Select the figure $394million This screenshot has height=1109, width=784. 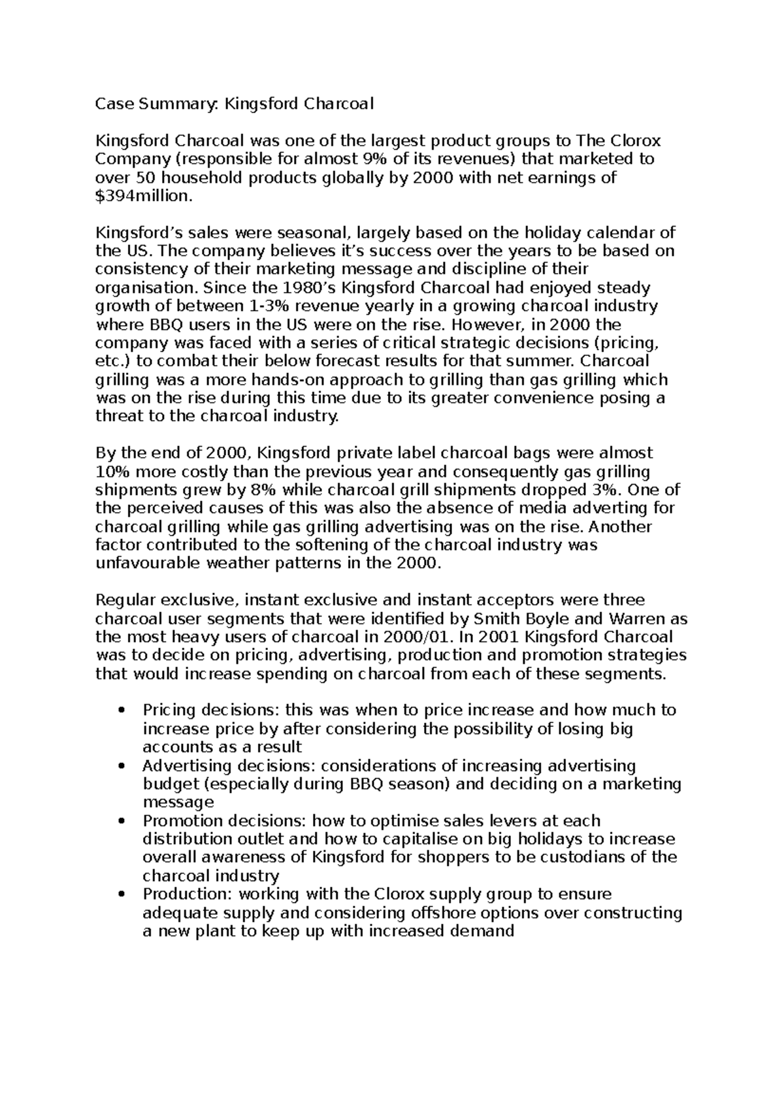144,196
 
